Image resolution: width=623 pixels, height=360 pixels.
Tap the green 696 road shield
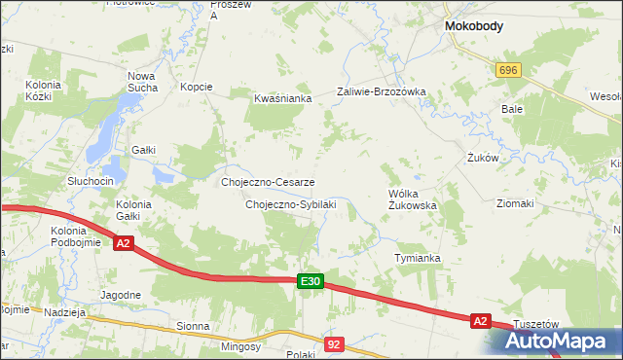click(x=508, y=71)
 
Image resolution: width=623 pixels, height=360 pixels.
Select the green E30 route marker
click(x=310, y=281)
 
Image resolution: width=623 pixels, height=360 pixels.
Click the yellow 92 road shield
click(x=335, y=343)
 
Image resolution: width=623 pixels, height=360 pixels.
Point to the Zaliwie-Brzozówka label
click(x=382, y=91)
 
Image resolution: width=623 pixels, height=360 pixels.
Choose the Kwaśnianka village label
click(x=282, y=98)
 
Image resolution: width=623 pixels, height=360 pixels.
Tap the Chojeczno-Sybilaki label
click(x=291, y=205)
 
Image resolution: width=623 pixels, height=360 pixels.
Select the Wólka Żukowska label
click(x=413, y=199)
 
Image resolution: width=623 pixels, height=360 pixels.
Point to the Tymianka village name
click(x=418, y=258)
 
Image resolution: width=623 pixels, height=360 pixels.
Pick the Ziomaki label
click(x=515, y=204)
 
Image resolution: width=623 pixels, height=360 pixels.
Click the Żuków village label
click(x=483, y=158)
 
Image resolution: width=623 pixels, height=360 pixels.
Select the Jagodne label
click(x=121, y=294)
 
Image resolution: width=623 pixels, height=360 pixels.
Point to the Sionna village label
click(x=193, y=327)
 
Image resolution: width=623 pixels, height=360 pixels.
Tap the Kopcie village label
click(x=197, y=87)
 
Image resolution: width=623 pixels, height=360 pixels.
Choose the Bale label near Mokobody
click(x=512, y=109)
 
